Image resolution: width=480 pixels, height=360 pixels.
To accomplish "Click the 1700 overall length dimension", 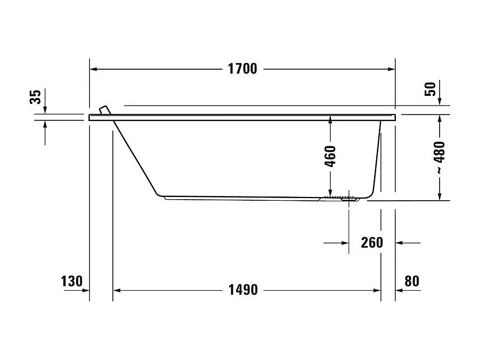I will pos(242,69).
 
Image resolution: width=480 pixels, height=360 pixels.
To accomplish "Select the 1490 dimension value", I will pos(243,290).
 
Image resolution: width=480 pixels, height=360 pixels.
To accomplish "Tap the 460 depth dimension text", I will pos(330,157).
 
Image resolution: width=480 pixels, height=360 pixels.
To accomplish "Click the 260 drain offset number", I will pos(371,242).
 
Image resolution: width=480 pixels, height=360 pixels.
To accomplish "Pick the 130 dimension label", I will pos(72,281).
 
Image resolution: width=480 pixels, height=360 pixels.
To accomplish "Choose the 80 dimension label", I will pos(412,281).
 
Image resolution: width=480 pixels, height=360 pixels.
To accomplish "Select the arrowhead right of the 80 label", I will pos(400,290).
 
